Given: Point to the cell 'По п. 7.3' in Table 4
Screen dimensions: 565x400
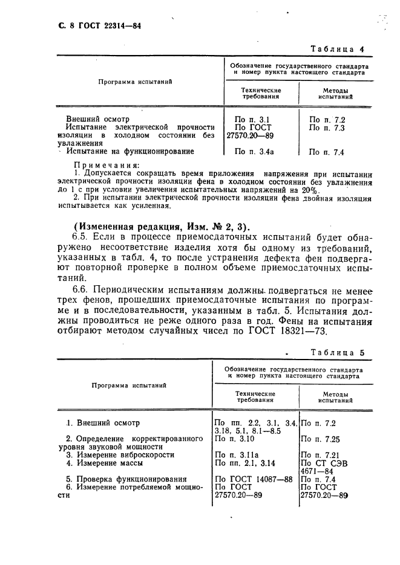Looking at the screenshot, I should click(327, 128).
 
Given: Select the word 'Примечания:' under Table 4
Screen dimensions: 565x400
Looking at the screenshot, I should click(97, 164).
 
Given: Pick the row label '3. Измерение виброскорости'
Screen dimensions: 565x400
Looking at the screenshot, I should click(120, 454).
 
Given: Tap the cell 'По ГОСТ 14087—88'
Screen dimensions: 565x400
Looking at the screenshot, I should click(254, 479).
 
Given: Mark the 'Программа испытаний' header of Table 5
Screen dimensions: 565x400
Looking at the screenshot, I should click(129, 384).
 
